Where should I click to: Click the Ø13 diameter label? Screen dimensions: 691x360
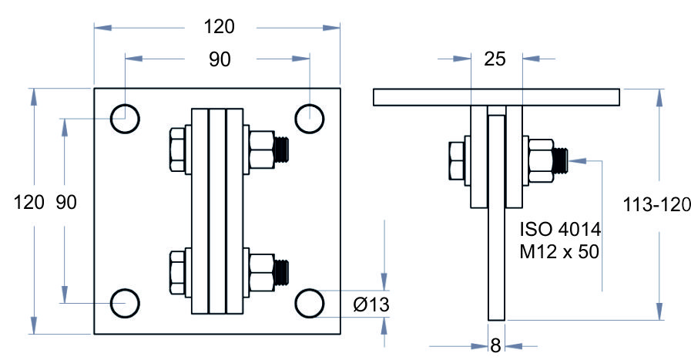(x=371, y=304)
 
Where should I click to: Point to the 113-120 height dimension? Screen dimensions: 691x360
(x=656, y=205)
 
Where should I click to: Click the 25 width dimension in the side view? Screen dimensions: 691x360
(x=495, y=59)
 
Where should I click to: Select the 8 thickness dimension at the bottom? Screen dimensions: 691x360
(x=496, y=345)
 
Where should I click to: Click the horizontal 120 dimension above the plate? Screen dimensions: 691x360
(x=219, y=27)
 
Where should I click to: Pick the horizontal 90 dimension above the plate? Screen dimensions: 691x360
(x=220, y=59)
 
